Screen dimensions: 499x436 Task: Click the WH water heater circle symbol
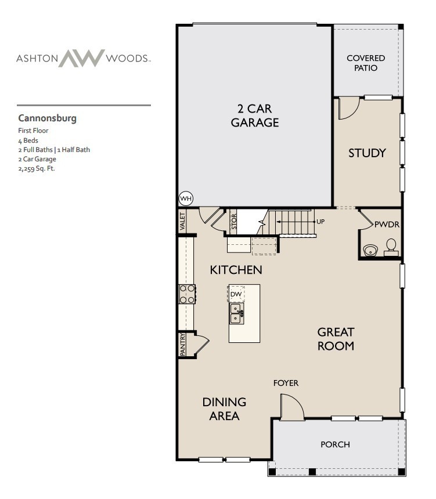point(186,198)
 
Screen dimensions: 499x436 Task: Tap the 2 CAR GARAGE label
point(255,115)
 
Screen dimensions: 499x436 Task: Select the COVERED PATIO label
point(366,63)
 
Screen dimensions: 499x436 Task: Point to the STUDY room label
point(367,153)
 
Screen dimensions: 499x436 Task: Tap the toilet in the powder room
point(391,247)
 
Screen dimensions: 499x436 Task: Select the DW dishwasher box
point(236,294)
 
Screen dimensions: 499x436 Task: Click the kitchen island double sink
point(236,314)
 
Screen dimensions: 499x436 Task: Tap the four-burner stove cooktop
point(187,294)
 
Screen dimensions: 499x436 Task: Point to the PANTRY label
point(183,344)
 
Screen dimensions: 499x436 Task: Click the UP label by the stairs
point(320,222)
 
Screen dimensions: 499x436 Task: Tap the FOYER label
point(286,383)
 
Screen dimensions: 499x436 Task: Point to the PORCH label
point(336,444)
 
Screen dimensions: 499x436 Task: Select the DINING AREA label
point(224,409)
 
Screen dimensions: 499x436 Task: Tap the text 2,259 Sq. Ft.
point(37,169)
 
